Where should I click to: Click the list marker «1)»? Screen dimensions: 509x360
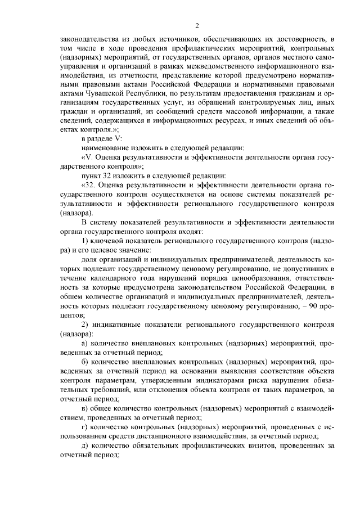(86, 241)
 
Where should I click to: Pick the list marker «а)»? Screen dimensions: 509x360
(85, 343)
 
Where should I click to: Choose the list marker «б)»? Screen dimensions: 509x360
(85, 361)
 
